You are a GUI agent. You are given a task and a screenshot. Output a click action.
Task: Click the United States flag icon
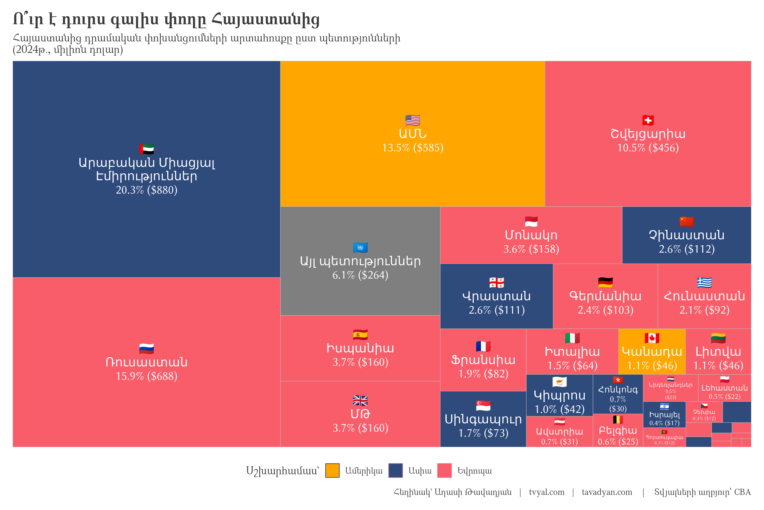click(413, 120)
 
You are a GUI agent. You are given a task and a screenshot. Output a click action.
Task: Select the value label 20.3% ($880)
click(146, 190)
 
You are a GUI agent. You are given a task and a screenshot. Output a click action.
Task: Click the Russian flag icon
click(146, 349)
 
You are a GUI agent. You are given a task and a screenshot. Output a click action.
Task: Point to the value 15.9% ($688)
click(146, 376)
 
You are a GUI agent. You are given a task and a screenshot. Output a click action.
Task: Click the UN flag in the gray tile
click(360, 248)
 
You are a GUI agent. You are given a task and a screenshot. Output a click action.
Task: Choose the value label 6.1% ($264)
click(360, 275)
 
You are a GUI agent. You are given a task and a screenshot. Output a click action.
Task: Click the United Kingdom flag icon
click(360, 400)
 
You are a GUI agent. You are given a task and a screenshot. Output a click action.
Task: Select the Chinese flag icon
click(686, 221)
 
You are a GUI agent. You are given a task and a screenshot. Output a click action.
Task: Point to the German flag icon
click(605, 282)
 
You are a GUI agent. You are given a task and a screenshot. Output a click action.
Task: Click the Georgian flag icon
click(496, 282)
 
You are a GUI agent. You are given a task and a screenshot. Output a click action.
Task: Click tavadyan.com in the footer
click(607, 492)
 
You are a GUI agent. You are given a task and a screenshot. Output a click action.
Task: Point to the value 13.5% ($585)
click(413, 148)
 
